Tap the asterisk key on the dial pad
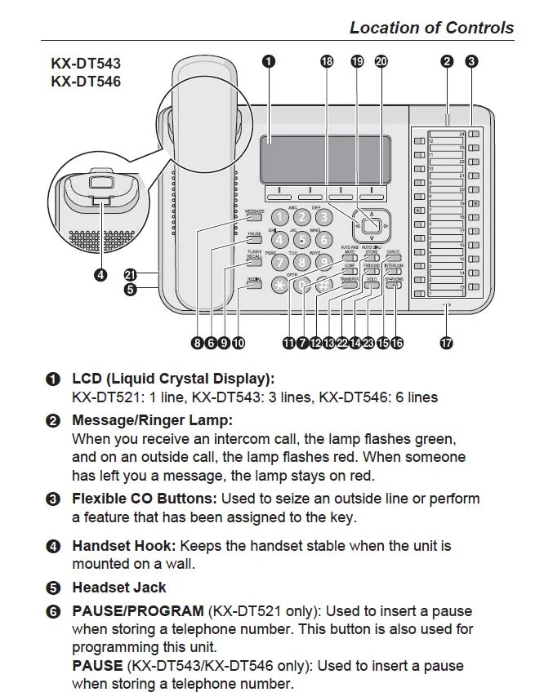point(279,285)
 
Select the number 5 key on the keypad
point(302,240)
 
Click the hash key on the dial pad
point(323,285)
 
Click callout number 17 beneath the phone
point(446,343)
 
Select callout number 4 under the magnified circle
point(100,274)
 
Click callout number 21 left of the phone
point(130,274)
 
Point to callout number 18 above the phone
point(327,61)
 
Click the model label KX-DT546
point(86,82)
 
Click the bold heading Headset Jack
point(118,587)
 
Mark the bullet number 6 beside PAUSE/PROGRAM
point(53,611)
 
